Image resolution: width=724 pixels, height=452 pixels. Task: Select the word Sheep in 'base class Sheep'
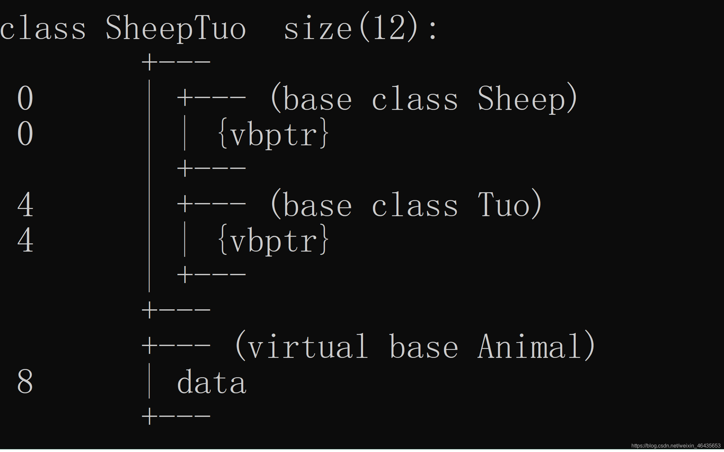[x=522, y=98]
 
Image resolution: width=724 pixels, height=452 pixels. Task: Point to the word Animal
[x=530, y=347]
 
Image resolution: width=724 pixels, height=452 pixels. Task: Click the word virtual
[x=307, y=347]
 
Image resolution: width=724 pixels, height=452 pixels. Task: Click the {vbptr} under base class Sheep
[x=273, y=134]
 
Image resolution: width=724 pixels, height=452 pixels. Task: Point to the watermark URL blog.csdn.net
[x=675, y=446]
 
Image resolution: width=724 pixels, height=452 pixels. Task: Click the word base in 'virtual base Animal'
[x=423, y=347]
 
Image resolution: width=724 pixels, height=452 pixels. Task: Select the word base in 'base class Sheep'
[x=317, y=98]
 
